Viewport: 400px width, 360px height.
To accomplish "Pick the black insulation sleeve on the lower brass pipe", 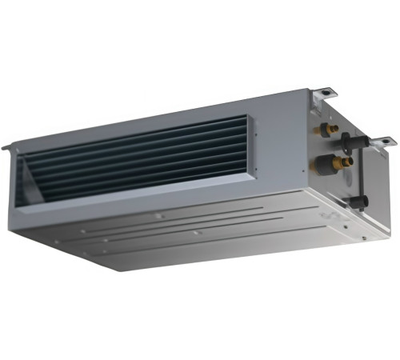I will point(330,165).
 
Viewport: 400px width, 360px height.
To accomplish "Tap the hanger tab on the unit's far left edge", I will point(6,146).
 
